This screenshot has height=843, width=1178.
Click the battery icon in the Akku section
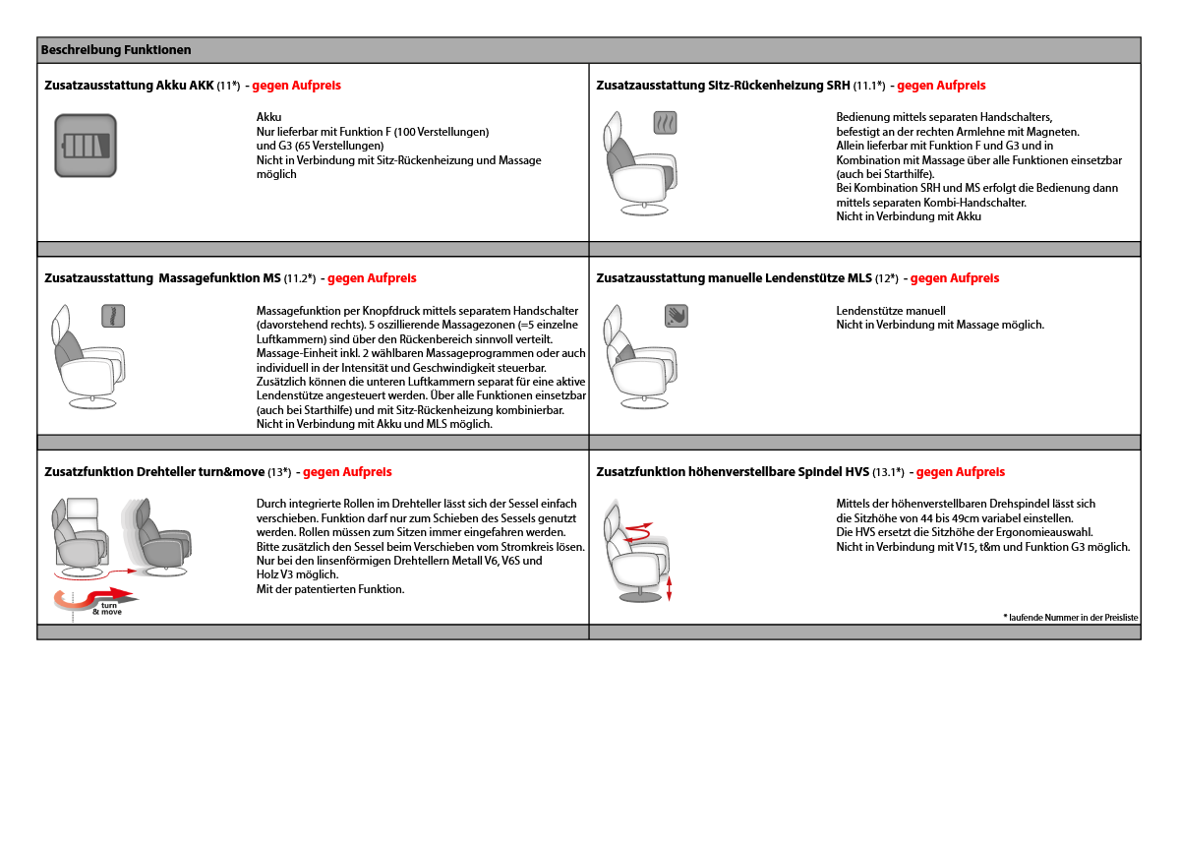[86, 147]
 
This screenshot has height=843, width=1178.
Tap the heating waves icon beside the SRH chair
[666, 123]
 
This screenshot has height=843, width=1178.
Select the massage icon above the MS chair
[113, 316]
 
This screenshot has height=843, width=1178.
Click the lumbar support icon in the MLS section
[676, 316]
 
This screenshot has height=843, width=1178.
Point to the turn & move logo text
[108, 608]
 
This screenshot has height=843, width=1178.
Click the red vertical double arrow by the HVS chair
[670, 587]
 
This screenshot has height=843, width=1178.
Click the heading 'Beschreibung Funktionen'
[116, 50]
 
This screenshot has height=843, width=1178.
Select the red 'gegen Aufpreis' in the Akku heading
[296, 86]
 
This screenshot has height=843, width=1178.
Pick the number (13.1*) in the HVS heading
[888, 472]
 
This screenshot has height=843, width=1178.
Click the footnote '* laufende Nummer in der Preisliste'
[1070, 618]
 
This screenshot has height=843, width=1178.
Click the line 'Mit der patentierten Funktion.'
[329, 589]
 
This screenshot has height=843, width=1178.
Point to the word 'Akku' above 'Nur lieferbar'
[268, 117]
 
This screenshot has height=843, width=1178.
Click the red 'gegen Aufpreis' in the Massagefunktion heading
[372, 278]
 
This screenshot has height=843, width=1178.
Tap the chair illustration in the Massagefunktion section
[88, 359]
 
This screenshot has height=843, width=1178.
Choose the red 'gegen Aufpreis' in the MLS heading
[954, 278]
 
